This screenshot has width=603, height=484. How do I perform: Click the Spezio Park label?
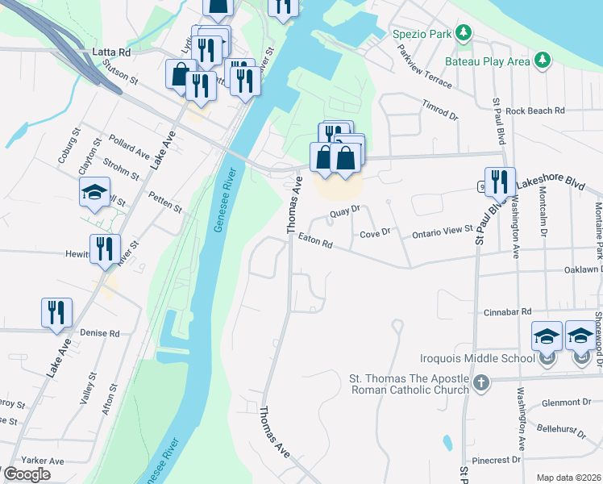click(421, 35)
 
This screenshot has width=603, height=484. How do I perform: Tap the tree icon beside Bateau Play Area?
click(543, 60)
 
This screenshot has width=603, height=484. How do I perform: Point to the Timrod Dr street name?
click(440, 111)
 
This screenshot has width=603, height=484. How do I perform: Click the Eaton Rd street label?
click(314, 241)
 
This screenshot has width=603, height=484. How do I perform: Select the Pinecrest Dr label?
click(493, 460)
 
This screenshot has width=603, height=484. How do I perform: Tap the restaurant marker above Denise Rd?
click(56, 312)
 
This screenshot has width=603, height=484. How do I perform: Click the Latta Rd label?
click(111, 52)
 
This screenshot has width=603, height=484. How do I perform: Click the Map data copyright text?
click(568, 478)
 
